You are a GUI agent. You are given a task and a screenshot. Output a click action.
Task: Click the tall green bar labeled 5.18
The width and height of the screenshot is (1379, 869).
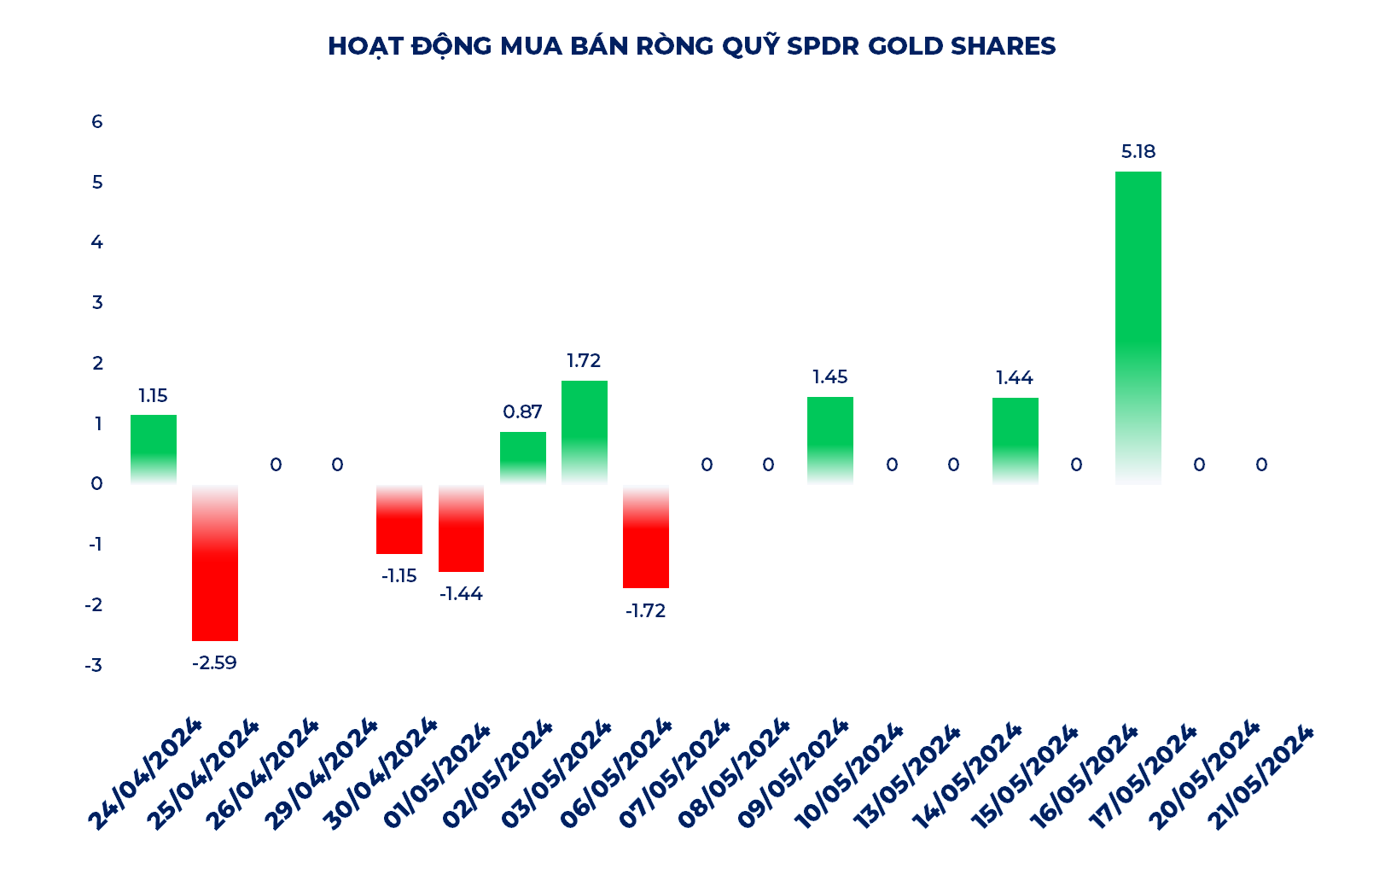click(x=1138, y=328)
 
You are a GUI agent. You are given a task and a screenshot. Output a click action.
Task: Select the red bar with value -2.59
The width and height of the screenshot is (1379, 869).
click(x=215, y=563)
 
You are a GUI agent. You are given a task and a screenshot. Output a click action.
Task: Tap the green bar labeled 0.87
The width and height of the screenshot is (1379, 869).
click(x=522, y=458)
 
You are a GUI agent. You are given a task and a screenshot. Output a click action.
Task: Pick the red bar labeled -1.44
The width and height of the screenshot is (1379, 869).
click(x=461, y=528)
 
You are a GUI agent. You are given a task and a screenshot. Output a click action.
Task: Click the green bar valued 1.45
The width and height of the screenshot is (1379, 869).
click(x=829, y=440)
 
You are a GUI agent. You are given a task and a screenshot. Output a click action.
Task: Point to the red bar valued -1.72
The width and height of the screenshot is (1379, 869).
click(x=646, y=536)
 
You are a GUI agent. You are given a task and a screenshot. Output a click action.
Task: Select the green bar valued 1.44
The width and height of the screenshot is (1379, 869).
click(x=1015, y=441)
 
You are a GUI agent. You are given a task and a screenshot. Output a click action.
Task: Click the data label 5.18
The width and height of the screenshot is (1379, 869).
click(x=1138, y=151)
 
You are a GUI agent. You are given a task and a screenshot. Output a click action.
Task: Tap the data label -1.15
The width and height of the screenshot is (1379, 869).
click(x=399, y=576)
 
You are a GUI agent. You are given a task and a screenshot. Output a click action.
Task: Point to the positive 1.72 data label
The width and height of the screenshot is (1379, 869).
click(x=584, y=360)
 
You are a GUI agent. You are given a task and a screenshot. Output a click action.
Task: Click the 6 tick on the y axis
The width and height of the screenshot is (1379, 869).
click(x=97, y=121)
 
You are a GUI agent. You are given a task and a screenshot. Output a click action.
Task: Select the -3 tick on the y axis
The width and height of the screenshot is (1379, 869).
click(x=94, y=665)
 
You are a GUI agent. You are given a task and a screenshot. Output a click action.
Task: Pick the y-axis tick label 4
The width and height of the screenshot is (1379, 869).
click(x=97, y=242)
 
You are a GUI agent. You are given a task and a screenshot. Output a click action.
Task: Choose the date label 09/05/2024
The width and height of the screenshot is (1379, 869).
click(x=792, y=773)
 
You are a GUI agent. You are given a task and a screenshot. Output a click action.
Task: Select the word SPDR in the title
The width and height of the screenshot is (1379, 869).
click(x=823, y=46)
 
